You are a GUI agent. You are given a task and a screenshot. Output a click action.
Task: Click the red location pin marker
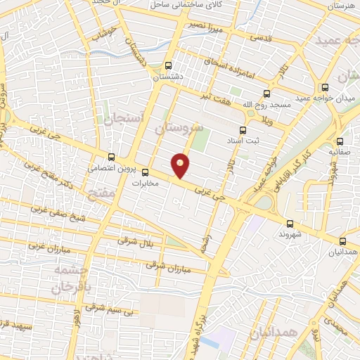pyautogui.click(x=181, y=165)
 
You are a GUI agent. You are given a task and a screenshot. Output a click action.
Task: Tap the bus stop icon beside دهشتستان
pyautogui.click(x=168, y=64)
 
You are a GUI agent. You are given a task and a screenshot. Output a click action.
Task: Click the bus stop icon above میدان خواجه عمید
pyautogui.click(x=324, y=88)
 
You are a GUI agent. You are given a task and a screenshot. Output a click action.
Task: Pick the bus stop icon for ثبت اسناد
pyautogui.click(x=243, y=130)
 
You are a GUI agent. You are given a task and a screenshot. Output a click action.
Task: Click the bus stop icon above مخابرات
pyautogui.click(x=146, y=172)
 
